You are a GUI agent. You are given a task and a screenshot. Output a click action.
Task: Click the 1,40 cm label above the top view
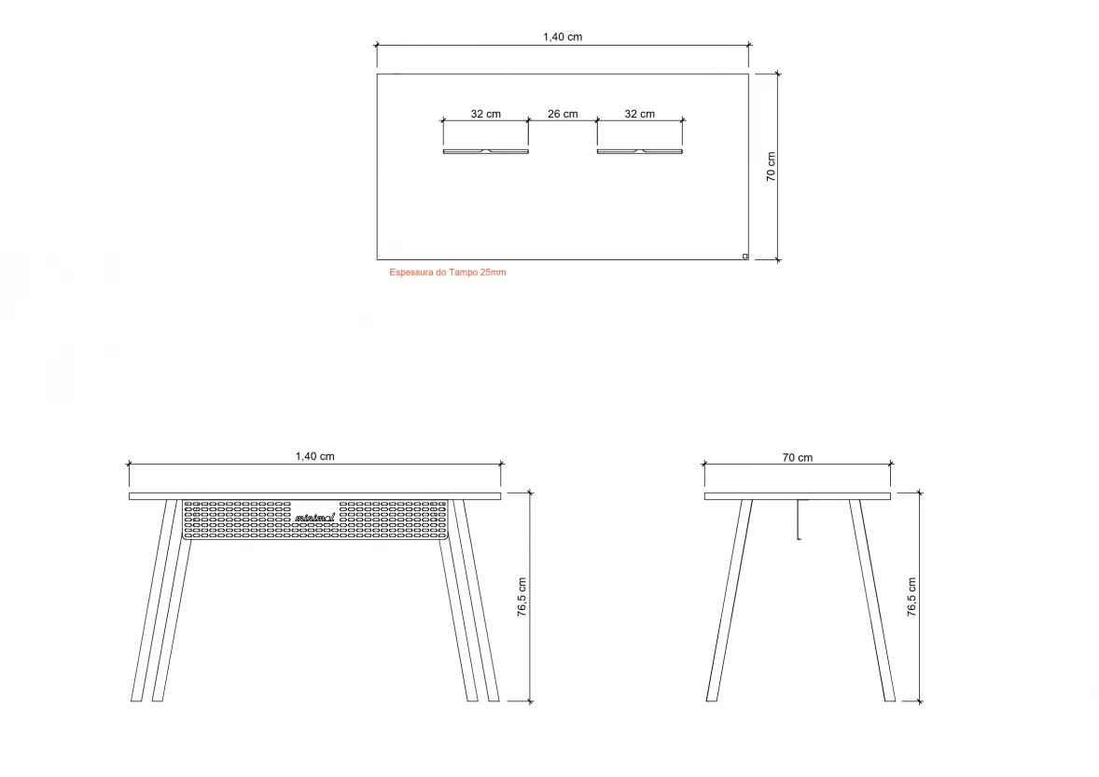(x=563, y=36)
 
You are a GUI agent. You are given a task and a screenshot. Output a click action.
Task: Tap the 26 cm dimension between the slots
(x=563, y=114)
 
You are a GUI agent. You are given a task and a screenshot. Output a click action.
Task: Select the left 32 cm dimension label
(x=485, y=114)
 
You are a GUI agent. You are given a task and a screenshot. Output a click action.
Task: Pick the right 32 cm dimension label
(x=639, y=114)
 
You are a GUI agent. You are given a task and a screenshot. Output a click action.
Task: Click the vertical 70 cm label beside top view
(x=771, y=167)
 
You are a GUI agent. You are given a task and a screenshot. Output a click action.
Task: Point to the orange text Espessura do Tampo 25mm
(x=447, y=272)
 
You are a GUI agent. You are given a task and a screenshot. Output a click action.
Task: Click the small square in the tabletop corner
(x=744, y=257)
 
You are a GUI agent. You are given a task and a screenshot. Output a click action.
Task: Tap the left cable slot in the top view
(x=486, y=151)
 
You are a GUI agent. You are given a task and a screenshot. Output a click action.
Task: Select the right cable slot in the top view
(x=639, y=151)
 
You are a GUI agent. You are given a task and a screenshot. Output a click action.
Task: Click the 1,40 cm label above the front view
(x=314, y=456)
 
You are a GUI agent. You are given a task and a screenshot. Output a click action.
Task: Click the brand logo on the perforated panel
(x=314, y=518)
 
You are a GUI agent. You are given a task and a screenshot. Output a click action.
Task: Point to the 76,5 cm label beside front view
(x=522, y=597)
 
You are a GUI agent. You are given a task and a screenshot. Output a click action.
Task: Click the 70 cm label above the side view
(x=798, y=457)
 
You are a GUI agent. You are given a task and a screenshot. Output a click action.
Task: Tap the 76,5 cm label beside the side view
(x=911, y=597)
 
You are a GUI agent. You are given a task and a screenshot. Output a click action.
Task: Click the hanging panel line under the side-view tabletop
(x=798, y=520)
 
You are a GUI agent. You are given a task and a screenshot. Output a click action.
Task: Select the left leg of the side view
(x=729, y=601)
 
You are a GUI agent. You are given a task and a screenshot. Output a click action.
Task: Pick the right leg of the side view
(x=872, y=601)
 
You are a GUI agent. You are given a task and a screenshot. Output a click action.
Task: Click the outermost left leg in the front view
(x=154, y=601)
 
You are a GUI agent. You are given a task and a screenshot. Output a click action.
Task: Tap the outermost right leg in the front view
(x=476, y=601)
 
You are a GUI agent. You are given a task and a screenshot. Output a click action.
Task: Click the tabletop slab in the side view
(x=798, y=496)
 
